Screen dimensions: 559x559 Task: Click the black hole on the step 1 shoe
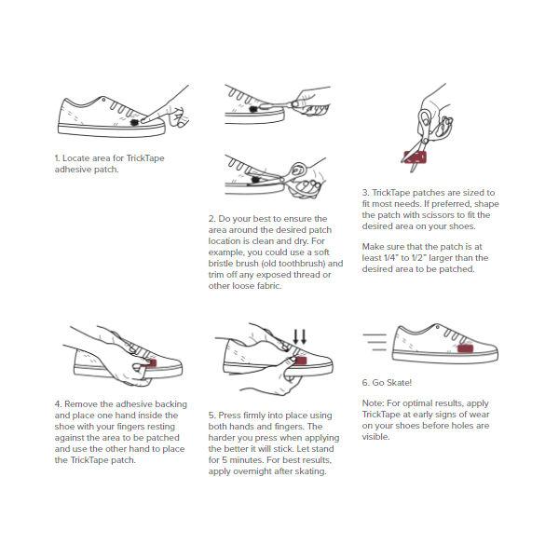pyautogui.click(x=134, y=123)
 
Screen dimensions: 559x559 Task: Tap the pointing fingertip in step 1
pyautogui.click(x=143, y=121)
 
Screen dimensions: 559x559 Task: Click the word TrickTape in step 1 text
pyautogui.click(x=145, y=158)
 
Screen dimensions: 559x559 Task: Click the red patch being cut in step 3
pyautogui.click(x=415, y=157)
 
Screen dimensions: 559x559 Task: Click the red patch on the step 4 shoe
pyautogui.click(x=151, y=363)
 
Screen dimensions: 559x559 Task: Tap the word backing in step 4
pyautogui.click(x=171, y=404)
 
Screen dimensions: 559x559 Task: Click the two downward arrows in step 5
pyautogui.click(x=299, y=337)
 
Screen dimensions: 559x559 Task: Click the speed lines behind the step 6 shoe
pyautogui.click(x=375, y=342)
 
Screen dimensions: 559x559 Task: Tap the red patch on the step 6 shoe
pyautogui.click(x=465, y=348)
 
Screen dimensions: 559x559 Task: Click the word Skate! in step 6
pyautogui.click(x=400, y=383)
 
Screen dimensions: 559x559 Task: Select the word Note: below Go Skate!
pyautogui.click(x=374, y=403)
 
